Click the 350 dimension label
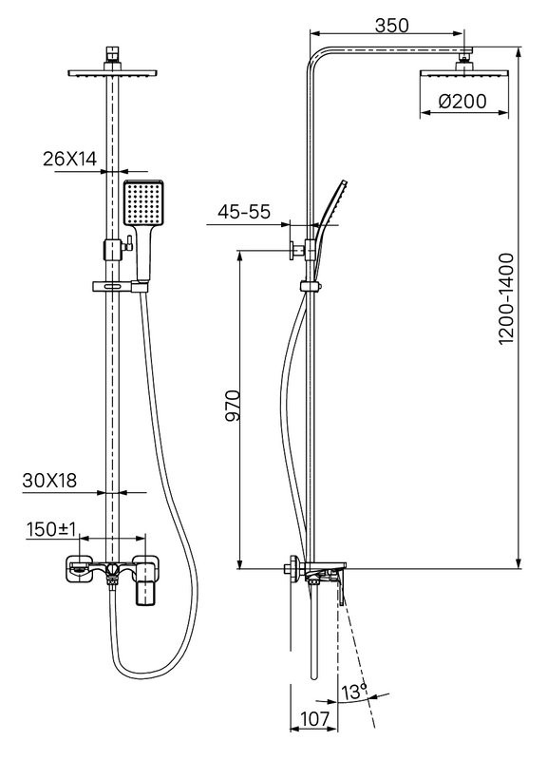392,26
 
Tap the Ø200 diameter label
462,102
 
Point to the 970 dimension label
233,406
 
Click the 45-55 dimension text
244,212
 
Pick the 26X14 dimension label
69,159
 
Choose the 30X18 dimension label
49,481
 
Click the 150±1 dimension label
51,529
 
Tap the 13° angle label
354,692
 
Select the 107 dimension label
314,719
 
